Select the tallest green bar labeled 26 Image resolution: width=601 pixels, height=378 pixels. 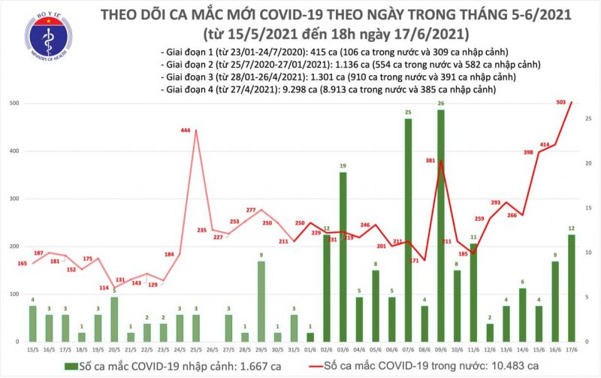[x=440, y=225]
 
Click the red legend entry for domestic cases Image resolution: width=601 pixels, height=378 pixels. [x=398, y=366]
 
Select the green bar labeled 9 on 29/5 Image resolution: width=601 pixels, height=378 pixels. [x=261, y=301]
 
